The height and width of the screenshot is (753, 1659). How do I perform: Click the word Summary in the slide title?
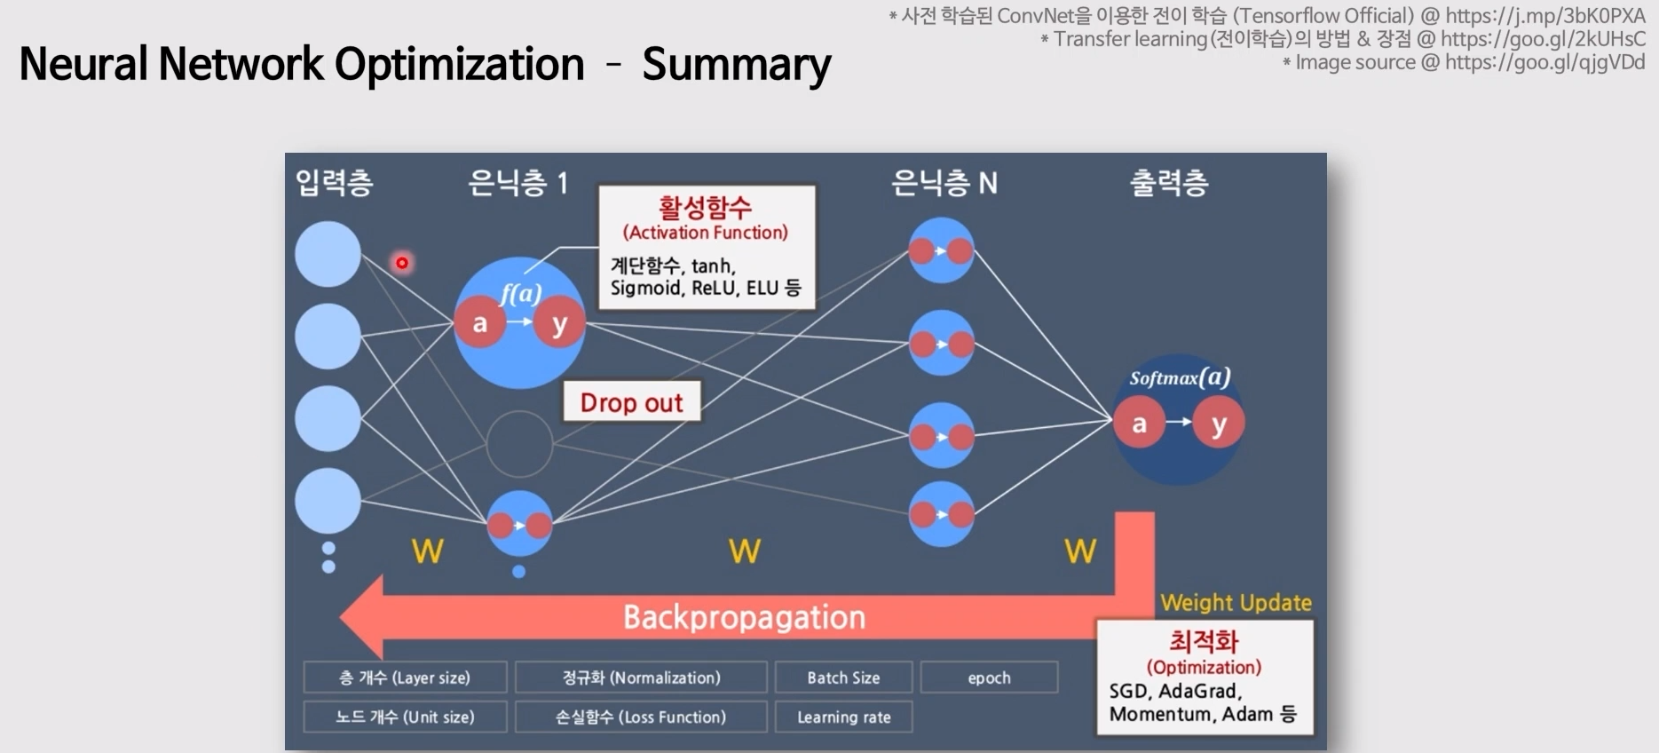tap(736, 65)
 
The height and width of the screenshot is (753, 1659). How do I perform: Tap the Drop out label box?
tap(632, 402)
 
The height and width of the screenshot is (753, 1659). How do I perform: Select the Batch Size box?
tap(843, 678)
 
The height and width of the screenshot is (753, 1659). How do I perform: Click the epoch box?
tap(989, 678)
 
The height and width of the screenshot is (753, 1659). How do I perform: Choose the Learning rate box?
tap(843, 717)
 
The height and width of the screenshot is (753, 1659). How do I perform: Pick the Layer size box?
tap(405, 678)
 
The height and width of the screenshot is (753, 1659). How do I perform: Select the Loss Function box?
tap(641, 717)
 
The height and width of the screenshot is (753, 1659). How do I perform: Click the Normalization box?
tap(641, 678)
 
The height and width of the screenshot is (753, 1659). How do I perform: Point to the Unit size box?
tap(405, 717)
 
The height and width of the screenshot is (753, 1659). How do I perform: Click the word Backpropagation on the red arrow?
tap(744, 617)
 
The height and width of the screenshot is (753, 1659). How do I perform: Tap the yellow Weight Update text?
tap(1236, 603)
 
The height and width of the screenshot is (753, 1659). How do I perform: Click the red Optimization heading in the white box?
tap(1204, 642)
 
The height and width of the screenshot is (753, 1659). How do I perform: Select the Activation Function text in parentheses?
tap(706, 233)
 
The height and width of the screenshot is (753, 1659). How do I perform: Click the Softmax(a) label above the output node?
tap(1179, 377)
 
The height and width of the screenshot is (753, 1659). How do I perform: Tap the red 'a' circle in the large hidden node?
tap(479, 323)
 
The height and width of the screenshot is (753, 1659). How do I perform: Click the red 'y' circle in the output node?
tap(1219, 424)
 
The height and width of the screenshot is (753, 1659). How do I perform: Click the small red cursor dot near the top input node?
tap(402, 263)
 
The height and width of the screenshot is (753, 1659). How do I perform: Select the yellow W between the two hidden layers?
tap(744, 551)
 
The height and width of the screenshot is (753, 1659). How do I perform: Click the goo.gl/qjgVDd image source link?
tap(1544, 62)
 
